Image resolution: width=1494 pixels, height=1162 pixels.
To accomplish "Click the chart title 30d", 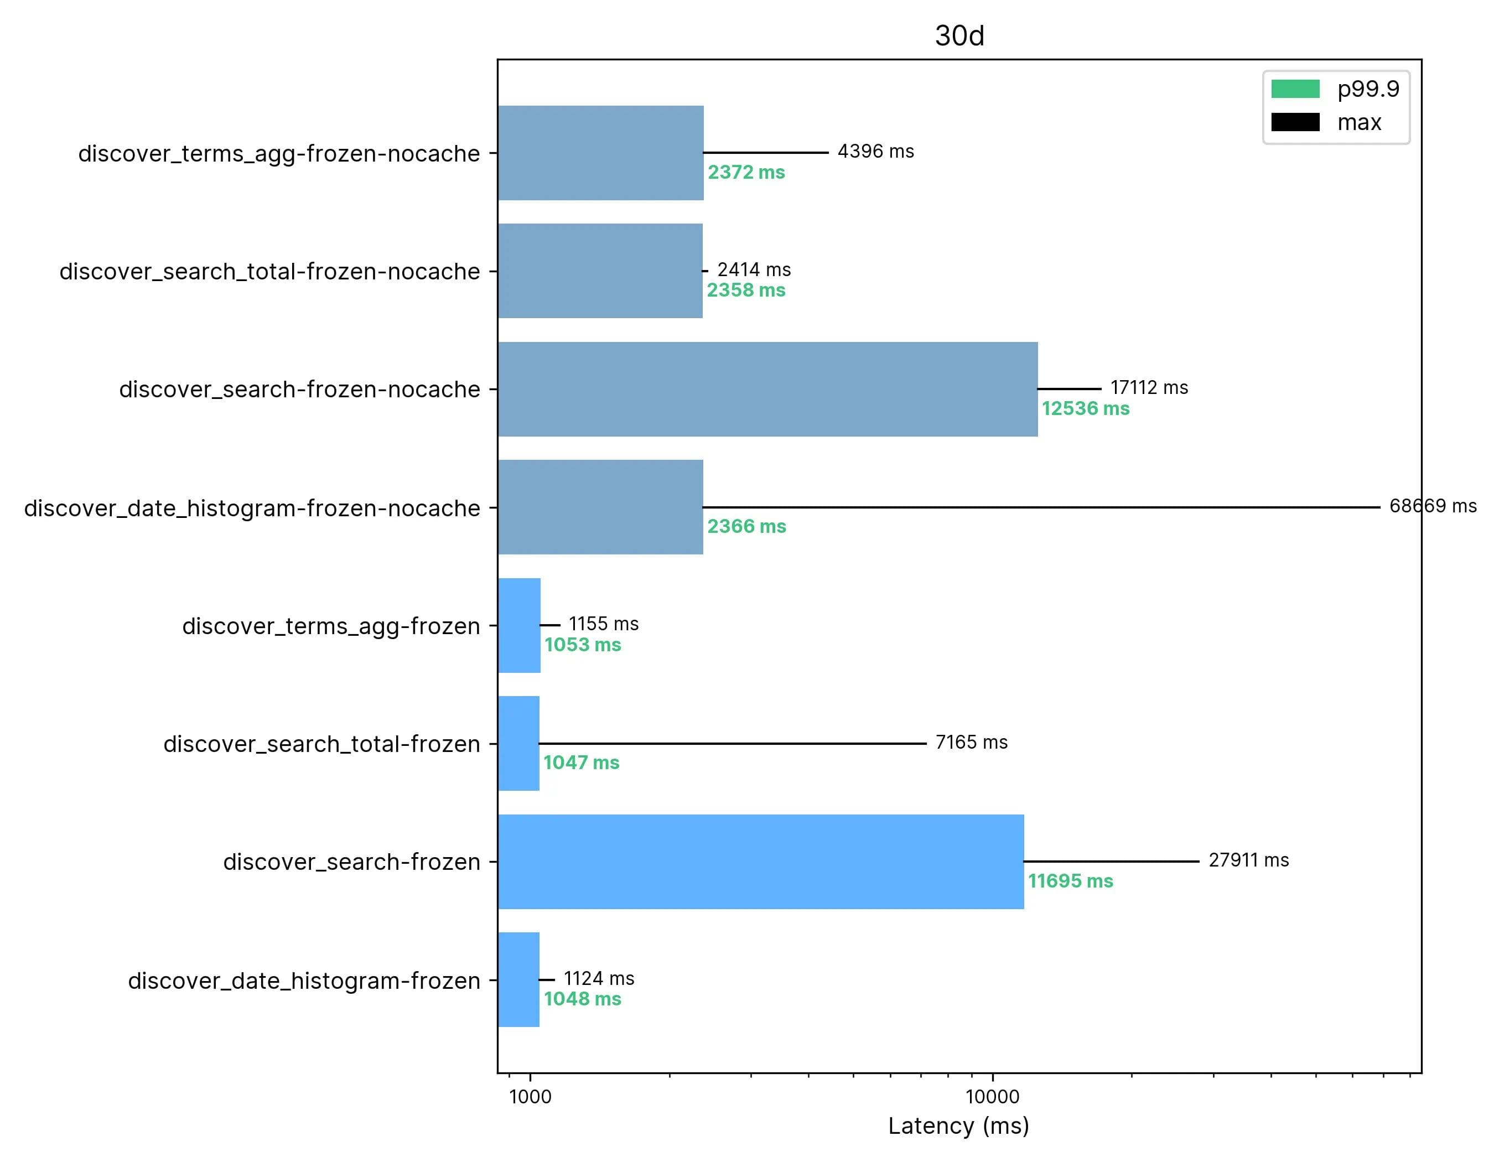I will pos(959,35).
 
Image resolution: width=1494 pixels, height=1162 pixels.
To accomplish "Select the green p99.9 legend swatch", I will pos(1295,89).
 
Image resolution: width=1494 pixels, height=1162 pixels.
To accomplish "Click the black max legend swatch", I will pos(1295,122).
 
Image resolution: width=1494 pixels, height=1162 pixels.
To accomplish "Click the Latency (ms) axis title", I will pos(958,1125).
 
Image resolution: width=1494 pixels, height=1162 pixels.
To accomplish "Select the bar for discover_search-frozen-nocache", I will pos(767,389).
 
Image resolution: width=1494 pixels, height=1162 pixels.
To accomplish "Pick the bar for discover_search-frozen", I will pos(761,862).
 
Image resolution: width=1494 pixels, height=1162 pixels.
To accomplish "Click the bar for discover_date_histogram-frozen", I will pos(518,979).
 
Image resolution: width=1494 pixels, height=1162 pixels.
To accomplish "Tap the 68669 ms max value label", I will pos(1433,506).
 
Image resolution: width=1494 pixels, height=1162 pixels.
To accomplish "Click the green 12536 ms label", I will pos(1085,409).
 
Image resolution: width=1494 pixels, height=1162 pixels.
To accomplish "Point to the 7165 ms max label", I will pos(971,742).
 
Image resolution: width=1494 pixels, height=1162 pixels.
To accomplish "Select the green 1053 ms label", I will pos(582,645).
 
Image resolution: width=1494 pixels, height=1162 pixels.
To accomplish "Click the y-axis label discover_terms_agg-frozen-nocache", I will pos(278,154).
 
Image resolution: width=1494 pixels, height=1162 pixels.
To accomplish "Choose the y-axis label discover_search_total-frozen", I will pos(321,744).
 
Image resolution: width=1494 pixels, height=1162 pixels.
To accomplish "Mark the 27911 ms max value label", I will pos(1248,860).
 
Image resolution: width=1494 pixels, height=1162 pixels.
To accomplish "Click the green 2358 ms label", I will pos(746,290).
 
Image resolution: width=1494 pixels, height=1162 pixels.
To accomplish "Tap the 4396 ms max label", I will pos(875,151).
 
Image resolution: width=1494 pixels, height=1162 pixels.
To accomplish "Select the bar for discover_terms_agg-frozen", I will pos(519,626).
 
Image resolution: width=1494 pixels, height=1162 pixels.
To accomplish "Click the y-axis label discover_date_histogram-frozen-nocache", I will pos(252,508).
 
